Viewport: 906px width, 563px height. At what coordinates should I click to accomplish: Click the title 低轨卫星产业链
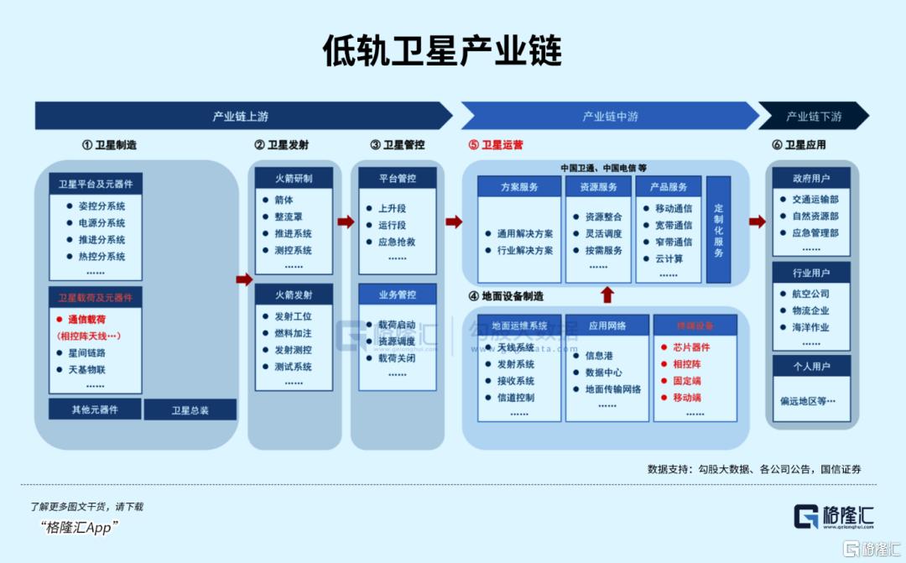click(442, 51)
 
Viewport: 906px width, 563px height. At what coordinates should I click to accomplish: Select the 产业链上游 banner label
click(240, 117)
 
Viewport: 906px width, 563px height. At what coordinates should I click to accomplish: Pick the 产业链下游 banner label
click(813, 117)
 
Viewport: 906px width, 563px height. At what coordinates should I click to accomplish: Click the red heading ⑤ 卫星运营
click(496, 145)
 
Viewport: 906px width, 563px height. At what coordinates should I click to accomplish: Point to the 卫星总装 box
click(190, 410)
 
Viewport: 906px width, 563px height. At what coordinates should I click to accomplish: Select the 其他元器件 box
click(95, 410)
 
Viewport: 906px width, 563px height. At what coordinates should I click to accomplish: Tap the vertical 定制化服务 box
click(718, 229)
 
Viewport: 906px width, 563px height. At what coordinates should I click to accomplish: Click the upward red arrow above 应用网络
click(608, 295)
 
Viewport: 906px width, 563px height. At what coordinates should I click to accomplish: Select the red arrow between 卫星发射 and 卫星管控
click(346, 222)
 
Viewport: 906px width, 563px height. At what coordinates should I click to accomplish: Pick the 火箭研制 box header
click(294, 179)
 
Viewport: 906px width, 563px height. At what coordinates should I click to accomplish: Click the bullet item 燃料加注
click(293, 333)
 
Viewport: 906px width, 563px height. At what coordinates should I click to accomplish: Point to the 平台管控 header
click(397, 178)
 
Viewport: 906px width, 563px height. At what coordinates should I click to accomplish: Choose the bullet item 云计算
click(669, 258)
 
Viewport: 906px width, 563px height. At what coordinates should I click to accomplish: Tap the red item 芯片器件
click(691, 347)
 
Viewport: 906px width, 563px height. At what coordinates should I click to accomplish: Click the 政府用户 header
click(811, 179)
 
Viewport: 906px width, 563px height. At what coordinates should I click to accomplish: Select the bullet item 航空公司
click(810, 294)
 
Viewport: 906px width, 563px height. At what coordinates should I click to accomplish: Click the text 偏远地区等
click(809, 401)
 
